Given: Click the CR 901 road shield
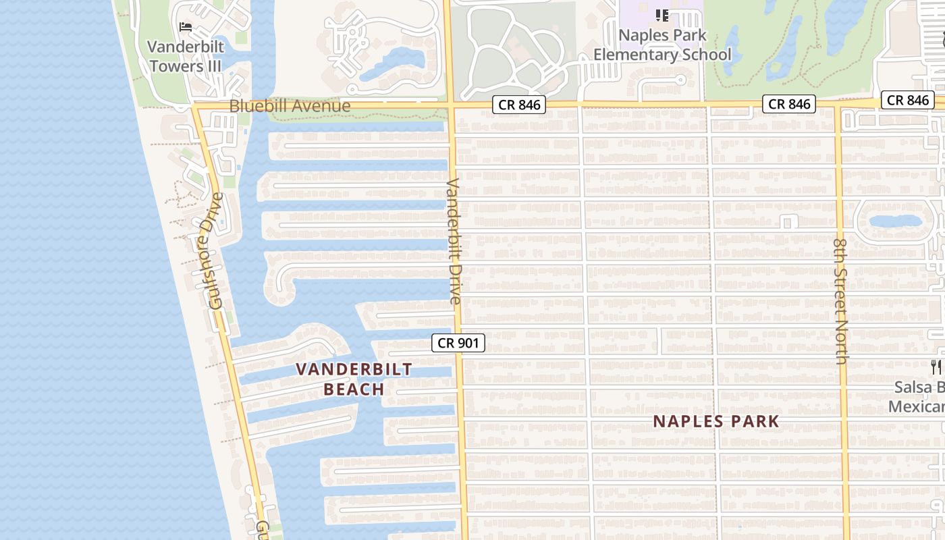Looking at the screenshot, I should pos(458,343).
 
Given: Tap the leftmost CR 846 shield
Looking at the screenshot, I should pos(518,105).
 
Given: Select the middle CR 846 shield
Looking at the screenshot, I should pos(789,104).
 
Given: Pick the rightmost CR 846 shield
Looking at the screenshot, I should pos(908,100).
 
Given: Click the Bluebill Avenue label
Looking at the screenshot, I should pos(290,106).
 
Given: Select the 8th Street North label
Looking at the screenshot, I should pos(840,301).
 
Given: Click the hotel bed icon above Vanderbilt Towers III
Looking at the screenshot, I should pos(186,27).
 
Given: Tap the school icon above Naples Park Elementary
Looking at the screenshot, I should pos(661,15).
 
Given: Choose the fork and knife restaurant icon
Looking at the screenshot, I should pos(936,367).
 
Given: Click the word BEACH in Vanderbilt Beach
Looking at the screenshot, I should pos(354,389).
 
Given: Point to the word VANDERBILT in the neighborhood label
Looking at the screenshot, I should pos(354,369).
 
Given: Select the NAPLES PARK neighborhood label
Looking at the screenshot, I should pos(715,422).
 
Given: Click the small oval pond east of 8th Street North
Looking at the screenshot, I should pos(895,221).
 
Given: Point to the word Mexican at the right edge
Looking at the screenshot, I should pos(916,407).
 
